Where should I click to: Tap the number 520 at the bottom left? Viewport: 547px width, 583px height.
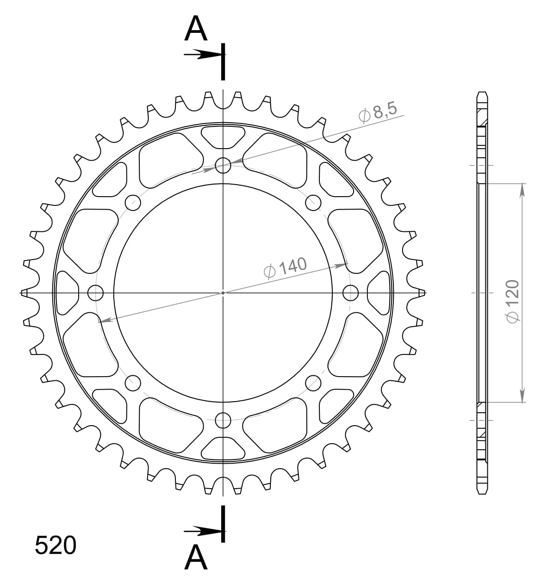pyautogui.click(x=56, y=546)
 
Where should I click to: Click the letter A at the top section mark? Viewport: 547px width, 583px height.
pyautogui.click(x=196, y=30)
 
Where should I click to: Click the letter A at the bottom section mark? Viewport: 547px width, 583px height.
pyautogui.click(x=196, y=557)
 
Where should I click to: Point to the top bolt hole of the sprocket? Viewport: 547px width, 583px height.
pyautogui.click(x=223, y=165)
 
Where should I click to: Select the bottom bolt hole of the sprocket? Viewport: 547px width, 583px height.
pyautogui.click(x=223, y=421)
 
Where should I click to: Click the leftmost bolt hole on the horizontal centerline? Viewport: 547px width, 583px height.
pyautogui.click(x=95, y=292)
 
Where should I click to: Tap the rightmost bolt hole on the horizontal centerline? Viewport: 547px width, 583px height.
pyautogui.click(x=351, y=292)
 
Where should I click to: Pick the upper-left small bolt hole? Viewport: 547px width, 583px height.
pyautogui.click(x=133, y=202)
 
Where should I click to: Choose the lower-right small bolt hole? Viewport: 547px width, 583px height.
pyautogui.click(x=313, y=383)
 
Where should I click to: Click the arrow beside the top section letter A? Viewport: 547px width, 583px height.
pyautogui.click(x=202, y=55)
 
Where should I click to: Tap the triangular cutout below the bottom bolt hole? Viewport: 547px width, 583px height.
pyautogui.click(x=223, y=449)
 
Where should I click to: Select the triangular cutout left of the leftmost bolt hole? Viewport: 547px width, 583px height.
pyautogui.click(x=66, y=292)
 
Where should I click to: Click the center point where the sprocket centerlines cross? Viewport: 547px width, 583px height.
pyautogui.click(x=223, y=292)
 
